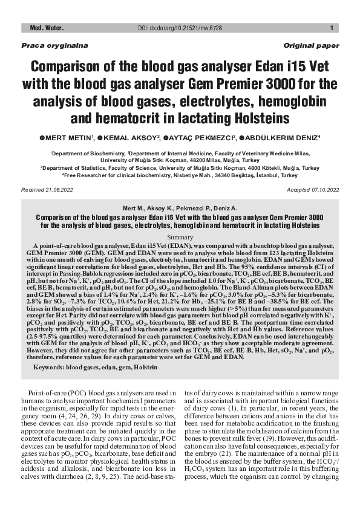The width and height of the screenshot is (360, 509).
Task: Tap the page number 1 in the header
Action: click(x=332, y=28)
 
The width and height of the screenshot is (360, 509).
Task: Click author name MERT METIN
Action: click(x=68, y=138)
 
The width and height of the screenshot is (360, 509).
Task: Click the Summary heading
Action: click(x=180, y=237)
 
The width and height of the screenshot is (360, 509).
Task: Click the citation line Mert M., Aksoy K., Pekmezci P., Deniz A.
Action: click(x=180, y=207)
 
